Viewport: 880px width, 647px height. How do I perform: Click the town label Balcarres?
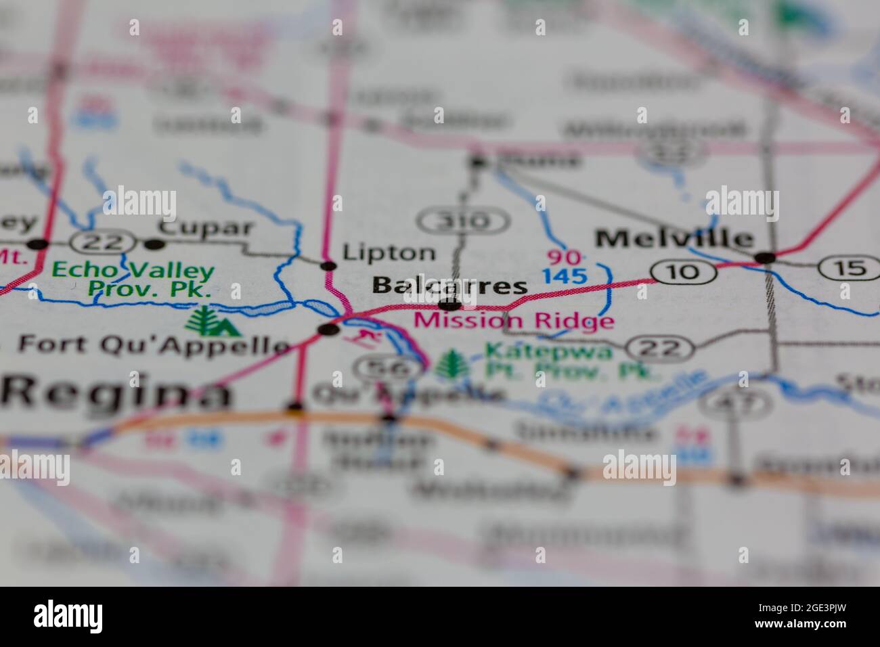point(449,286)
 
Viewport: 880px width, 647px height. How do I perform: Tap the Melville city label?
point(674,238)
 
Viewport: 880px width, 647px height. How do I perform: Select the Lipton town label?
point(389,252)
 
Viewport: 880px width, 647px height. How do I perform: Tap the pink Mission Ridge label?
point(514,320)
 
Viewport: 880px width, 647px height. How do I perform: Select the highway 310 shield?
point(464,221)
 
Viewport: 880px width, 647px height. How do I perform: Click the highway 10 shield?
point(684,272)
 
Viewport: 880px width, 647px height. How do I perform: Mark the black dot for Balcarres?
point(449,304)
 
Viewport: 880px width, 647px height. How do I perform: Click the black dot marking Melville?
point(765,257)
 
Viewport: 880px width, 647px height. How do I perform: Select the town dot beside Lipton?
point(329,265)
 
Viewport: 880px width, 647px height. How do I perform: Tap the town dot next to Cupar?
point(155,244)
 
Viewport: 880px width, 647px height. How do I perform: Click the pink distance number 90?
point(564,257)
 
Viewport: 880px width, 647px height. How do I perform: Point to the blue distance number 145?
point(564,275)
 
